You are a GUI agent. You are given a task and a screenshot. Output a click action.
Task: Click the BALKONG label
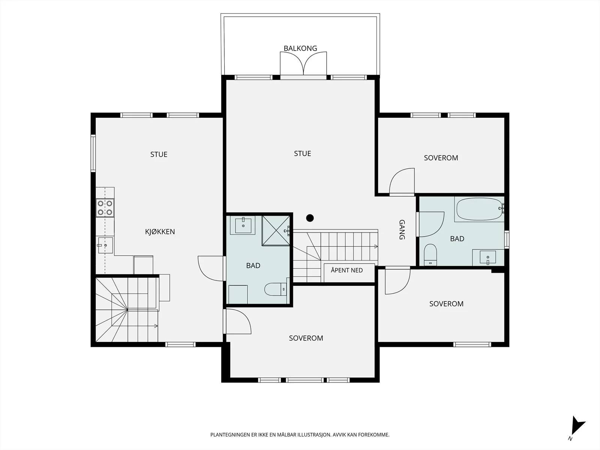(x=300, y=48)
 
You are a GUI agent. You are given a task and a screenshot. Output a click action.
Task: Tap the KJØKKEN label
(x=160, y=232)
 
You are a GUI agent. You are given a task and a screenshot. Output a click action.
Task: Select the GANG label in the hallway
(x=402, y=229)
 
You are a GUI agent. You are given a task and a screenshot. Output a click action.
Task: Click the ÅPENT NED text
(x=346, y=270)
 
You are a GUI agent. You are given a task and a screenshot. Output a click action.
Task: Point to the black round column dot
(x=310, y=218)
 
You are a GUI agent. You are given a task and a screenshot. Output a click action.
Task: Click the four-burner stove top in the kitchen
(x=105, y=208)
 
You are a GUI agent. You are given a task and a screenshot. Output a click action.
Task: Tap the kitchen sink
(x=105, y=245)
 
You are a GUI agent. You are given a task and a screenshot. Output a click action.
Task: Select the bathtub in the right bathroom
(x=480, y=209)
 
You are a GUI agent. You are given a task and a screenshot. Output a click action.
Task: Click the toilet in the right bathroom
(x=430, y=255)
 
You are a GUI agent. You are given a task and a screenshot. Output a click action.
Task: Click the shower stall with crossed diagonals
(x=276, y=230)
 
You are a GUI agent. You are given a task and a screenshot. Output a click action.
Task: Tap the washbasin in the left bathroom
(x=243, y=225)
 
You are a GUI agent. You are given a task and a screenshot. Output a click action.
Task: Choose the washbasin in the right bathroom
(x=488, y=257)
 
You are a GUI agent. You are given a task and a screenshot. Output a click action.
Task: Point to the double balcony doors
(x=303, y=64)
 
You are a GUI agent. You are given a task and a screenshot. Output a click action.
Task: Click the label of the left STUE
(x=159, y=154)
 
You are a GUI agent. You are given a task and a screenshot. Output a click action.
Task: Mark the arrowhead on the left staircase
(x=156, y=326)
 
